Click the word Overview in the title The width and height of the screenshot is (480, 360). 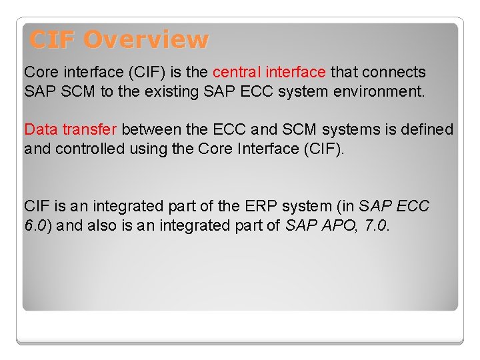(145, 40)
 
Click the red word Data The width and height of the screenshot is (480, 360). (41, 129)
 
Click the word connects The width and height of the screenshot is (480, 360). (395, 72)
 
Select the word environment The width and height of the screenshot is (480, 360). (383, 91)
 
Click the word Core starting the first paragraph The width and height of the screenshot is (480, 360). (41, 72)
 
